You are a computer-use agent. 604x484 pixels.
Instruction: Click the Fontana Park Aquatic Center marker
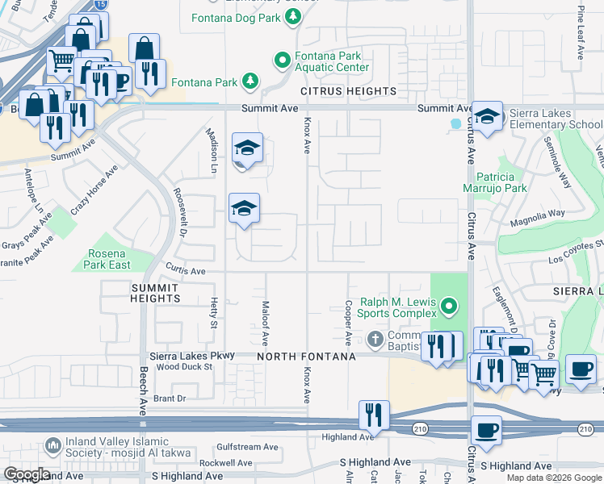[x=282, y=60]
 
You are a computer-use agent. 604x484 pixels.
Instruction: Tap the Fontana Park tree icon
[x=251, y=81]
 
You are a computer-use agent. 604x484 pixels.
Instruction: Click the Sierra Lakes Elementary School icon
[x=487, y=116]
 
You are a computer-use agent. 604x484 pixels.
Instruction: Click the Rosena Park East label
[x=107, y=259]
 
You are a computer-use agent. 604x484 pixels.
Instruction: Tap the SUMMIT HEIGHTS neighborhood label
[x=155, y=293]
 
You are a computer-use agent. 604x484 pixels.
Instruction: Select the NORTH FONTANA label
[x=307, y=357]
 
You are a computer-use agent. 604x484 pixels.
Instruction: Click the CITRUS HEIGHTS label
[x=338, y=92]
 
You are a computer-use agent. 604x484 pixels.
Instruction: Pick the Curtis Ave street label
[x=186, y=271]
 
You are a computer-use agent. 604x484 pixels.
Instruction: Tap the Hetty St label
[x=215, y=313]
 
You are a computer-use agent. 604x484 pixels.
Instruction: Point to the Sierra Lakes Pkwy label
[x=192, y=355]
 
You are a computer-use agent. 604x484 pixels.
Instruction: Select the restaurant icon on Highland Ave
[x=373, y=415]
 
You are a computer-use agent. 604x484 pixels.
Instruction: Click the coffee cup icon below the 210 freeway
[x=486, y=430]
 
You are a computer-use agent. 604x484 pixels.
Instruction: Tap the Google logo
[x=27, y=474]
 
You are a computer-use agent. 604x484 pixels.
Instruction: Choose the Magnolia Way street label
[x=536, y=214]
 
